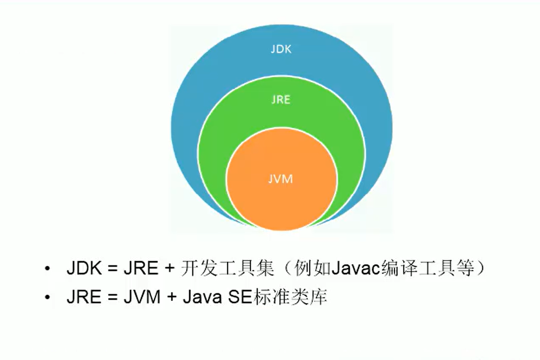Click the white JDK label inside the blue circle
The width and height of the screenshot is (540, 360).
281,50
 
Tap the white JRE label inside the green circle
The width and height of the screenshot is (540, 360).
280,100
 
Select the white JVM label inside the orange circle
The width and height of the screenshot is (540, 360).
280,179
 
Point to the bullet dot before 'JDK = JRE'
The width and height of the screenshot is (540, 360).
48,269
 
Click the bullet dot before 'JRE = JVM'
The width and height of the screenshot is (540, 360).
48,298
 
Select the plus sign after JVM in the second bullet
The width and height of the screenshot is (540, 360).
168,298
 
